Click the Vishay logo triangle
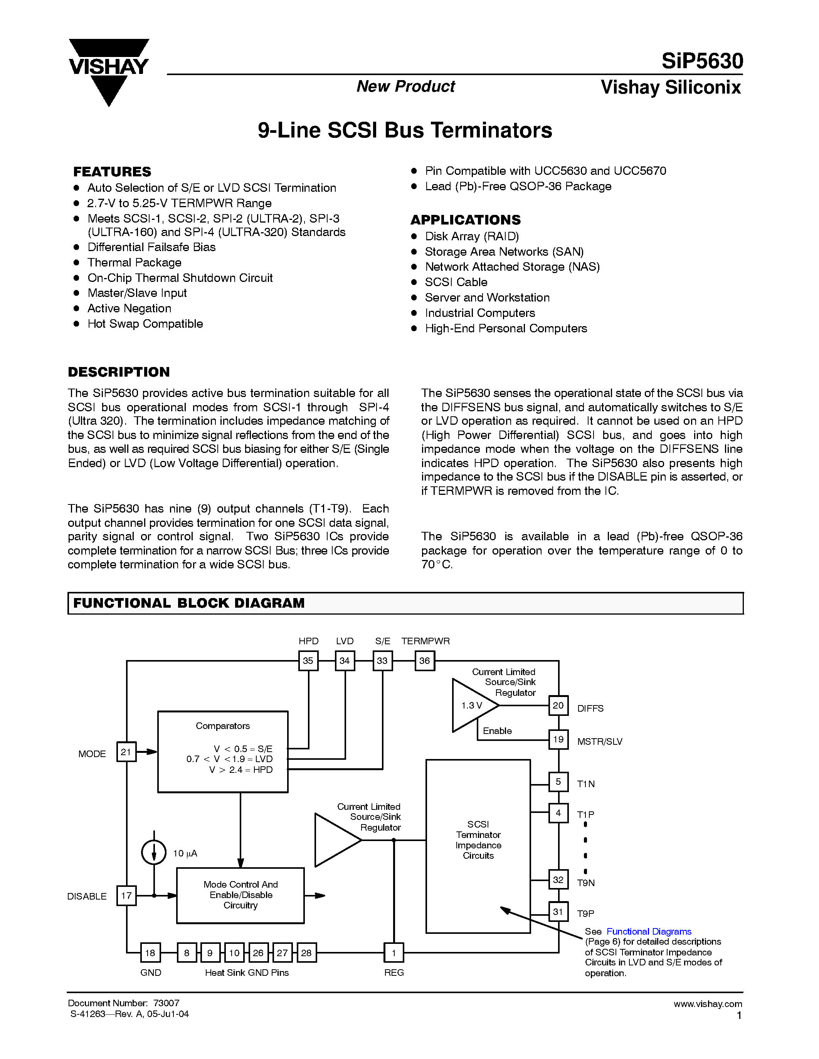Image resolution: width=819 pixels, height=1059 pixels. [x=109, y=73]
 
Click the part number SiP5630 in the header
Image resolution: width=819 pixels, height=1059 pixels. [x=702, y=62]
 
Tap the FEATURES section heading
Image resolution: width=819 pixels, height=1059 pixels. [x=112, y=172]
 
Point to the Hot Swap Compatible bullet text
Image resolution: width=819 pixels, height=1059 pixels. [x=145, y=323]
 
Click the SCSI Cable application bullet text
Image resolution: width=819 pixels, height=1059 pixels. [x=456, y=282]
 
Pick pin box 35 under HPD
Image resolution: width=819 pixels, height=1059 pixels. [x=308, y=660]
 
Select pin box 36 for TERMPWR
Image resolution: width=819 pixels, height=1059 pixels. [x=425, y=660]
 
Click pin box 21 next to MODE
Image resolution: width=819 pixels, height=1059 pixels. [x=126, y=752]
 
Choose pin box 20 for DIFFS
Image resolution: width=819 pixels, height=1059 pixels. [x=558, y=705]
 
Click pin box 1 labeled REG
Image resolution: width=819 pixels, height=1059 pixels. [x=394, y=953]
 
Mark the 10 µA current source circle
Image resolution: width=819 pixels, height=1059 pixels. [x=154, y=853]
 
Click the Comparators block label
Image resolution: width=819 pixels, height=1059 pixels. [x=223, y=726]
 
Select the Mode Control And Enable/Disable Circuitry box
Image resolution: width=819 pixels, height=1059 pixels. [x=240, y=895]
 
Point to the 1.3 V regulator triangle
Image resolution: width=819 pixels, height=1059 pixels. [x=473, y=705]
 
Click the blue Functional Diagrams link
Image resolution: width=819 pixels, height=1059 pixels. [x=649, y=932]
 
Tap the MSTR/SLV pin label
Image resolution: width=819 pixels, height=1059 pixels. [x=600, y=741]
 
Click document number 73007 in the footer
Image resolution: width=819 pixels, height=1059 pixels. [x=166, y=1003]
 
